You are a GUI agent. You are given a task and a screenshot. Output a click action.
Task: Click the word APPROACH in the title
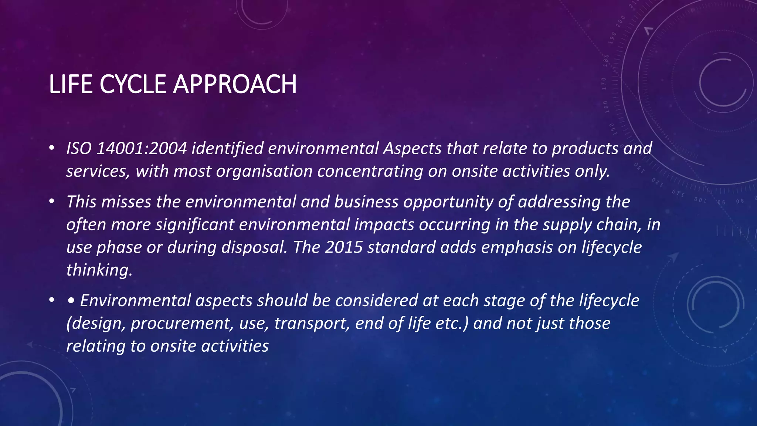coord(235,84)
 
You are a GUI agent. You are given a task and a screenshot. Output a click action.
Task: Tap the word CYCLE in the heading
coord(132,84)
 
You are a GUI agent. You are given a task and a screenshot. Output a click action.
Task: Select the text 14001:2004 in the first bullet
coord(142,148)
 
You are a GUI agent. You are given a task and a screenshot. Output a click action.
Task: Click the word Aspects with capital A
coord(412,148)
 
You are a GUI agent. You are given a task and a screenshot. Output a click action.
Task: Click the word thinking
coord(99,270)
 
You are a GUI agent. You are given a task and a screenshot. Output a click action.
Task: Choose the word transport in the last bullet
coord(312,324)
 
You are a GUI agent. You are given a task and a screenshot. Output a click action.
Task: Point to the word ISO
coord(79,148)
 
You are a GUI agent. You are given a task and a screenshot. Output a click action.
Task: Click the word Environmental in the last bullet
coord(135,301)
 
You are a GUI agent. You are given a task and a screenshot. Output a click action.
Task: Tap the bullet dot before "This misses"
coord(52,202)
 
